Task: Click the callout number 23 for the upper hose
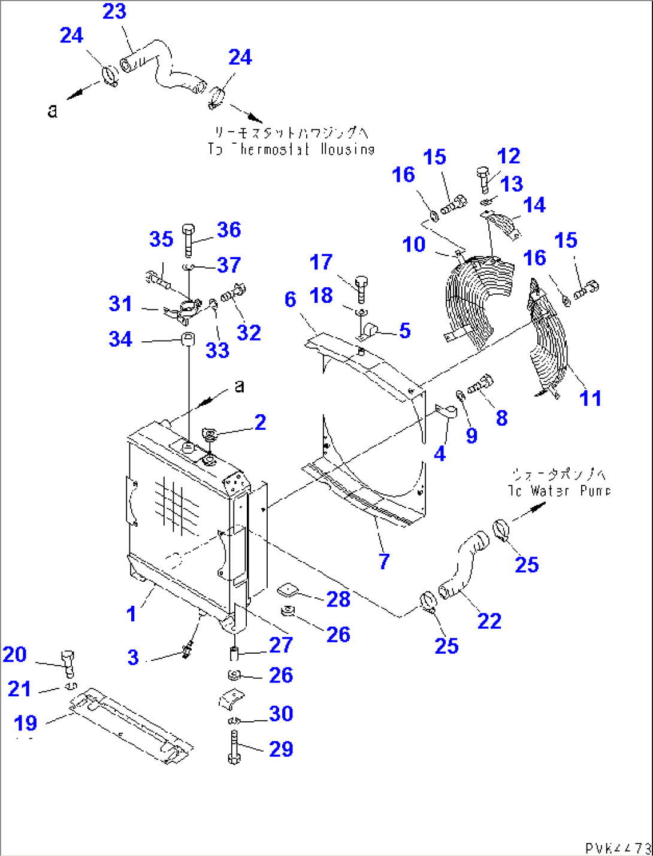coord(114,11)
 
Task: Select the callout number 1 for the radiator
coord(131,614)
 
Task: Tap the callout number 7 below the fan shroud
coord(384,561)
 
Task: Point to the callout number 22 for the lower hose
coord(489,621)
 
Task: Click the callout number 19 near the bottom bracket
coord(25,723)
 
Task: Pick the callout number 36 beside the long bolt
coord(229,230)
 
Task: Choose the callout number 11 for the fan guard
coord(590,398)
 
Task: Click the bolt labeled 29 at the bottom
coord(234,748)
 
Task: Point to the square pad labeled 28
coord(288,591)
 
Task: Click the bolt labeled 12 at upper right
coord(484,178)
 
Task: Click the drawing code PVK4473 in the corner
coord(618,848)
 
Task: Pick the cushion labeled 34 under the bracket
coord(188,340)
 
